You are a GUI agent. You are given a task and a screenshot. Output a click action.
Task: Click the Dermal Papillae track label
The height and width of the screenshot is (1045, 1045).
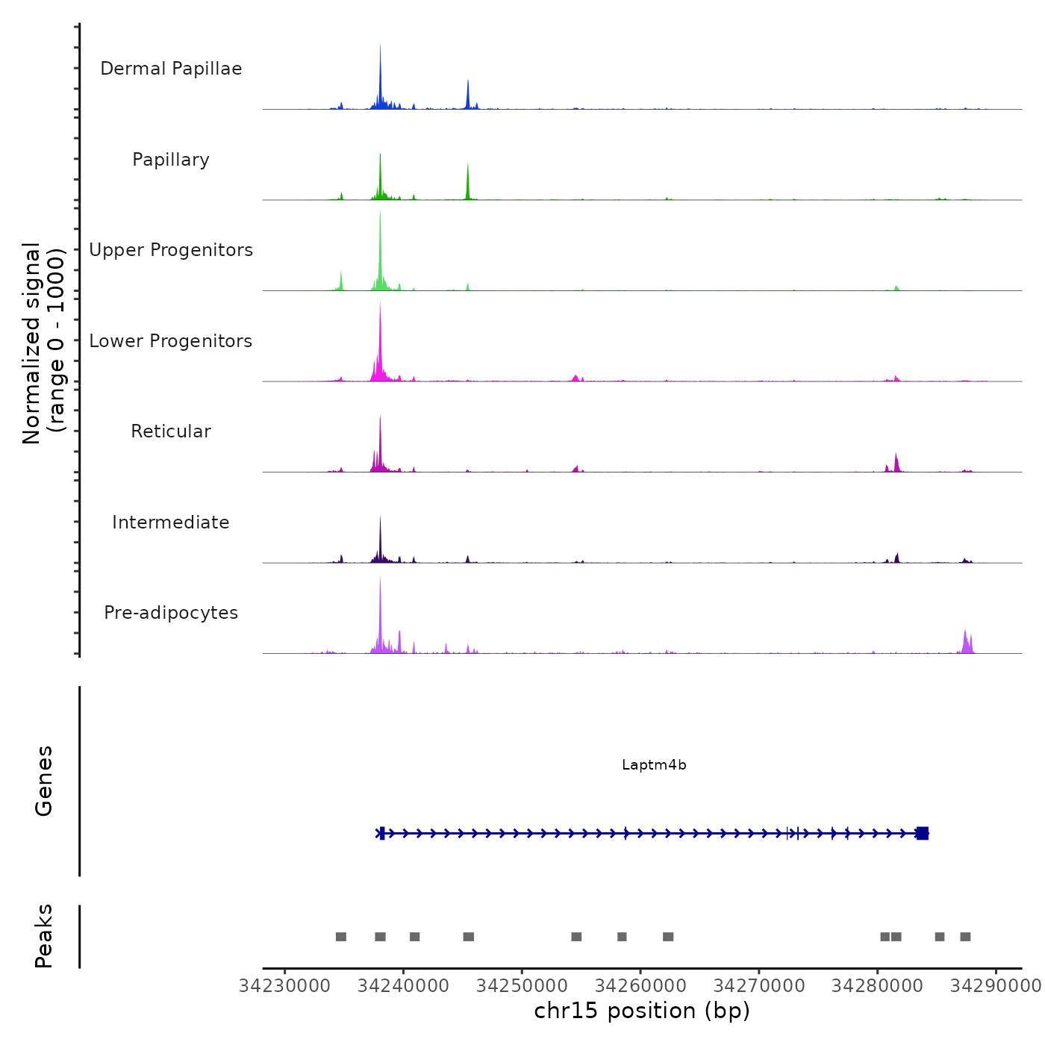(x=171, y=69)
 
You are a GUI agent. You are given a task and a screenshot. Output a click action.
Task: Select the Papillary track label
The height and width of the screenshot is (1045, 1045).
(x=171, y=160)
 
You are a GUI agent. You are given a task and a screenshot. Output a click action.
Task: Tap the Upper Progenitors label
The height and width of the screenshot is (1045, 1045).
(x=171, y=250)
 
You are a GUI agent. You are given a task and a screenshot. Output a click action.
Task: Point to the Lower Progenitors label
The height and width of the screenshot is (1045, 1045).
(x=171, y=341)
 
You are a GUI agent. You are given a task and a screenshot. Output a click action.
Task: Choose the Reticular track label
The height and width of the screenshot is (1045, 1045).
(x=171, y=431)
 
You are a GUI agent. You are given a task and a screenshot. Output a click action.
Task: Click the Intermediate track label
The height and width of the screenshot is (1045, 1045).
(x=171, y=522)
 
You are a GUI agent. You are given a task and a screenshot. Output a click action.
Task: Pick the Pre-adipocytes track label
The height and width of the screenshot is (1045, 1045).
(x=171, y=613)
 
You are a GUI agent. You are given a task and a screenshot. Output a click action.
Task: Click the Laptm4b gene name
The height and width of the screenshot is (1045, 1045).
(x=654, y=765)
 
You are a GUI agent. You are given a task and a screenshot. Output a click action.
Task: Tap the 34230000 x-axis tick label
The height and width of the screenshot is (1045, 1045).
(x=284, y=986)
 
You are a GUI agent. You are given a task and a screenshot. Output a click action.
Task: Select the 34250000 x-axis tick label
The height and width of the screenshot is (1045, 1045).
(x=522, y=986)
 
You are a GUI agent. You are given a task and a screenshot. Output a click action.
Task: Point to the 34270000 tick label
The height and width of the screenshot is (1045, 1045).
(x=759, y=986)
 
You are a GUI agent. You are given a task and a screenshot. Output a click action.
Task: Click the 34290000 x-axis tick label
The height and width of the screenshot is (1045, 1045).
(x=996, y=986)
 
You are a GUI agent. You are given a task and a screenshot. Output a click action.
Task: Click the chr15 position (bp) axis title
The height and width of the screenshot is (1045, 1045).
(x=642, y=1011)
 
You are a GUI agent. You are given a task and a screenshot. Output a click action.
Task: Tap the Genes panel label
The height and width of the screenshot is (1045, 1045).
(x=44, y=781)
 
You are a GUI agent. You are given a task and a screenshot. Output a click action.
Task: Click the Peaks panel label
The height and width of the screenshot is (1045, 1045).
(x=44, y=936)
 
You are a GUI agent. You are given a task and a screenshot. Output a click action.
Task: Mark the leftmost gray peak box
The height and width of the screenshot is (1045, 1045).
(x=341, y=937)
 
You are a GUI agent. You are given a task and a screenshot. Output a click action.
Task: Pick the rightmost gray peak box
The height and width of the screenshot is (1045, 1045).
(x=965, y=937)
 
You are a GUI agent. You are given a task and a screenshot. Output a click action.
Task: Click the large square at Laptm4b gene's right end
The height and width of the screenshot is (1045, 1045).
(x=923, y=833)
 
